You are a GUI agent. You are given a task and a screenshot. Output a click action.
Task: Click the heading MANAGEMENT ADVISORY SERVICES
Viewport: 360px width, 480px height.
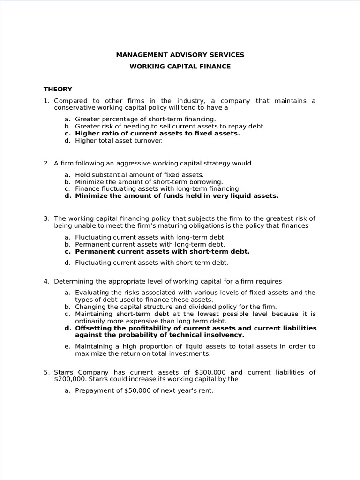pos(180,55)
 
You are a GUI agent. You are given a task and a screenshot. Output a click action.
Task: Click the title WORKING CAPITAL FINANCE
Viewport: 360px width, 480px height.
pos(180,67)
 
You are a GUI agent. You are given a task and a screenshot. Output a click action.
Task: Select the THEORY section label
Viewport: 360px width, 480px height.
pos(58,89)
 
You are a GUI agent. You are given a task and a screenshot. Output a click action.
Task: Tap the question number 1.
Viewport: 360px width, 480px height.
pos(46,101)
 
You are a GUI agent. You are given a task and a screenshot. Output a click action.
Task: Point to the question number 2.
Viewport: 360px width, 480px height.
pos(46,163)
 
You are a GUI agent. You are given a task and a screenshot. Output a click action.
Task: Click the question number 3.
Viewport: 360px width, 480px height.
pos(46,218)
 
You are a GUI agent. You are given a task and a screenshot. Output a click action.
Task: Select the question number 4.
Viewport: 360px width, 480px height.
pos(46,281)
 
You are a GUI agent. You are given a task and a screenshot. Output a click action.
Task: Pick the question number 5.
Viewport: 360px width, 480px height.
pos(46,372)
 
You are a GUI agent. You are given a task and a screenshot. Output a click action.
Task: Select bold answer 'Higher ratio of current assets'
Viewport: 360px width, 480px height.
pos(157,133)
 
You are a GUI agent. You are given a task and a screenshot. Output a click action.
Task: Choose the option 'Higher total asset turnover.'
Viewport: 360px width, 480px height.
pos(119,140)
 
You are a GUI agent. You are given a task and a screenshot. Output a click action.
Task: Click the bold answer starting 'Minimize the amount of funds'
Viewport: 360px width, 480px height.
pos(177,196)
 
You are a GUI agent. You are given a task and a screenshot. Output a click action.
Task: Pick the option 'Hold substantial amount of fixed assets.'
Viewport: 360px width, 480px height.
pos(139,175)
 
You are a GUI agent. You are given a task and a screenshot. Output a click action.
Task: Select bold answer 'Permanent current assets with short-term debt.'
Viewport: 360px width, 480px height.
pos(162,251)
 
